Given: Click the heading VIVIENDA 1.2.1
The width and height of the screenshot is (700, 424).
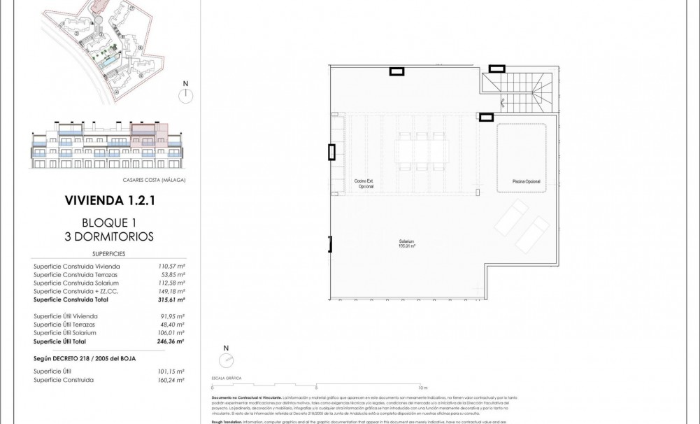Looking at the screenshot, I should [108, 201].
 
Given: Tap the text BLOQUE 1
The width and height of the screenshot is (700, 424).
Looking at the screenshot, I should [108, 222].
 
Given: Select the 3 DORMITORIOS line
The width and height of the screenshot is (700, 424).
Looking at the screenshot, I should [108, 236].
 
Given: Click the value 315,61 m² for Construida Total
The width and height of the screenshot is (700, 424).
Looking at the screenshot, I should [171, 299].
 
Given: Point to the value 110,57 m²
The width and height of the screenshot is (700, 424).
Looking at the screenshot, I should [171, 267].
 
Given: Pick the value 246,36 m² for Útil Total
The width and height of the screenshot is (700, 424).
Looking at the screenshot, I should [171, 341].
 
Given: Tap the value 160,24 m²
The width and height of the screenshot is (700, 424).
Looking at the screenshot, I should [171, 380].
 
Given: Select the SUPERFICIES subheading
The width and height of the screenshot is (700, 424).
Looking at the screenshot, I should [108, 254].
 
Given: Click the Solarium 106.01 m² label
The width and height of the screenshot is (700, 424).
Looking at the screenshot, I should [407, 244].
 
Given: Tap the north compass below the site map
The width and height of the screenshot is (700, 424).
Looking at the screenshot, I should [185, 96].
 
